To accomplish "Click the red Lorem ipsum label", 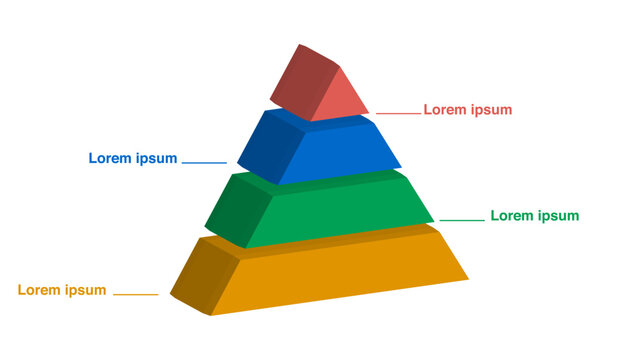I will tap(467, 110).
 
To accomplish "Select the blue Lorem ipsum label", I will tap(133, 158).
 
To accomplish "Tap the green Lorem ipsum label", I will tap(534, 216).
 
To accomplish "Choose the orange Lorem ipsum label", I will tap(62, 290).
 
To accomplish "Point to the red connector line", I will tap(397, 113).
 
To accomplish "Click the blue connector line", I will tap(204, 162).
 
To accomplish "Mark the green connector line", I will tap(461, 219).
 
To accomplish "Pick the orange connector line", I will tap(136, 294).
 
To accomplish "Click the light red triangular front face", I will tap(338, 98).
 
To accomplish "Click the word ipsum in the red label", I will tap(489, 110).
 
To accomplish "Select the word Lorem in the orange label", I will tap(40, 290).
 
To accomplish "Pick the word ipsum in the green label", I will tap(556, 216).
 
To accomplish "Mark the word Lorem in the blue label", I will tap(111, 158).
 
